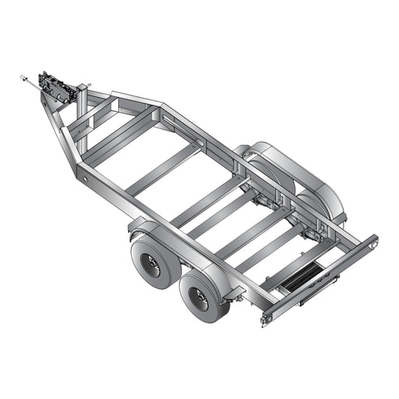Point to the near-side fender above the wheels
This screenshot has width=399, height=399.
click(180, 247)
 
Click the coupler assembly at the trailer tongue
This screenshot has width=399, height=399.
click(57, 88)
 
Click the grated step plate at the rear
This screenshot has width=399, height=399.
click(303, 279)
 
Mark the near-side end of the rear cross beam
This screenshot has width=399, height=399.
click(266, 317)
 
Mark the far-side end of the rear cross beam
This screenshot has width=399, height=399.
click(373, 243)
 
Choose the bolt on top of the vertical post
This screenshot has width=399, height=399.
click(88, 84)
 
